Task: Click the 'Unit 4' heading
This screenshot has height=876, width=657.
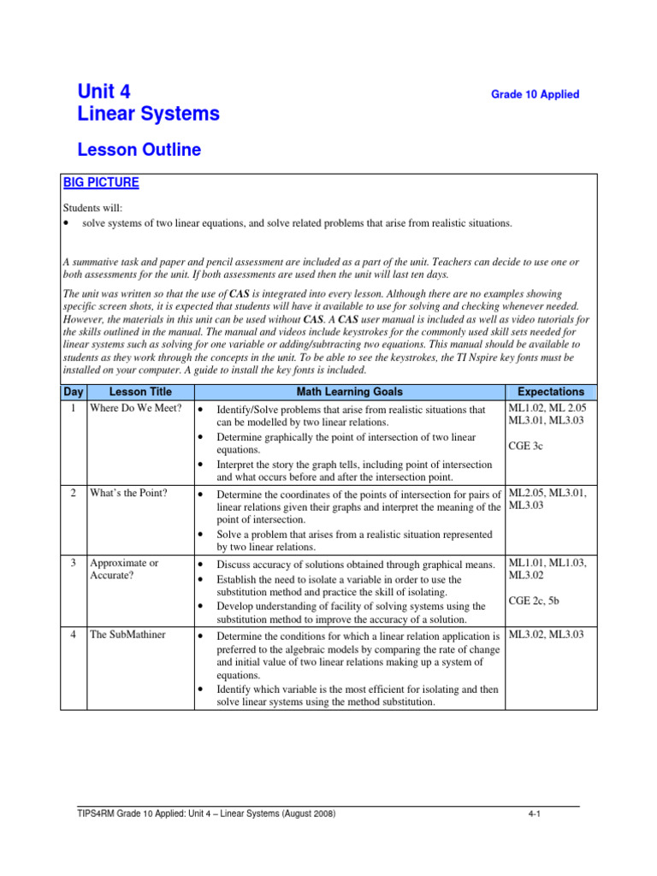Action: [104, 92]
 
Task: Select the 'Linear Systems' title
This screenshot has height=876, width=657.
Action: [148, 114]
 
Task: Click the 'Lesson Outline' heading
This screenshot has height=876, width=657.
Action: [139, 151]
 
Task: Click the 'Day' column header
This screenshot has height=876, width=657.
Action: [73, 392]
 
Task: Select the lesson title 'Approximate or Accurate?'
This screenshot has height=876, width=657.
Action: [124, 571]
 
